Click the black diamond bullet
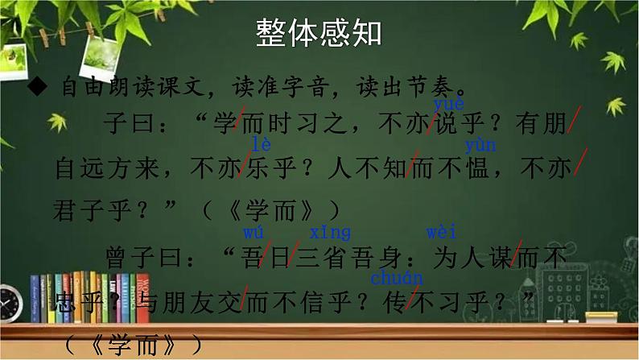click(39, 87)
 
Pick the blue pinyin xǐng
click(330, 233)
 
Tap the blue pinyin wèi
click(442, 233)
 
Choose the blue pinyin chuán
click(397, 279)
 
